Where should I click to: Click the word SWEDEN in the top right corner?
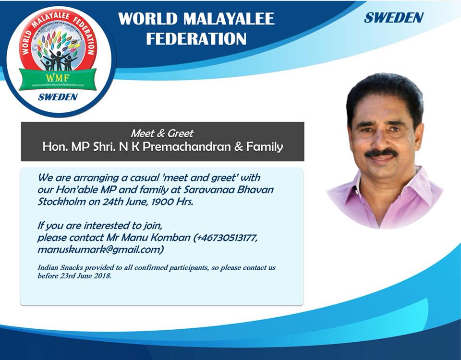[x=394, y=18]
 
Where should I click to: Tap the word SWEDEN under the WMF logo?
[x=58, y=97]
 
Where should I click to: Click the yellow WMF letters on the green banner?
[x=58, y=78]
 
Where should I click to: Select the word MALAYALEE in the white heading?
[x=229, y=19]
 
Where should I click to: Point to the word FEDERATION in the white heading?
[x=196, y=39]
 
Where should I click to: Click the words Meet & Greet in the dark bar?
[x=162, y=133]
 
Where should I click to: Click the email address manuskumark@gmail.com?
[x=100, y=250]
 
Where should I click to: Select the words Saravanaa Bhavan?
[x=228, y=190]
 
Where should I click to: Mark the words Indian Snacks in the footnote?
[x=61, y=268]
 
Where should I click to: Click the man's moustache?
[x=381, y=153]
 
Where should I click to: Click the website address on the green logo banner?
[x=58, y=85]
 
